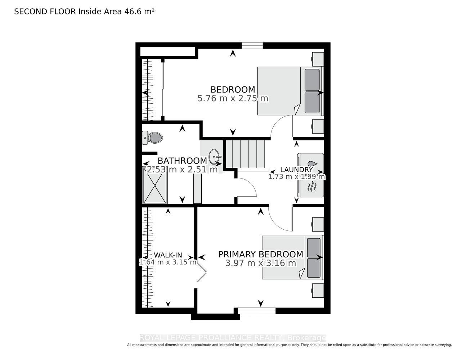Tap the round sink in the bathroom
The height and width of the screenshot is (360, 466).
215,156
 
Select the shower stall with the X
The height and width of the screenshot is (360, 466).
155,184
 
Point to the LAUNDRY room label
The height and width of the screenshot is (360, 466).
296,170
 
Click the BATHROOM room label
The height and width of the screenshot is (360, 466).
182,161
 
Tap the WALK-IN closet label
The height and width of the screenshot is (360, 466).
168,255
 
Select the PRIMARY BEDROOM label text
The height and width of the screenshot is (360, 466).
261,254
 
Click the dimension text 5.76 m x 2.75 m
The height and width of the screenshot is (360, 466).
233,98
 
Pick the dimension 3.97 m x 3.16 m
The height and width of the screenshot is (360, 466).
261,263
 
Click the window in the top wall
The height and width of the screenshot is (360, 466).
252,46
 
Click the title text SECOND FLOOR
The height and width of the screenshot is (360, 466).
45,12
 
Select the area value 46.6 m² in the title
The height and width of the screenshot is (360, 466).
139,12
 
